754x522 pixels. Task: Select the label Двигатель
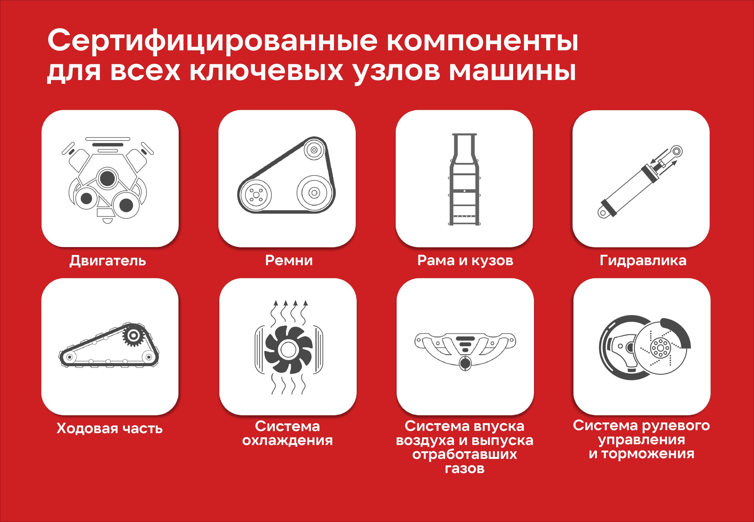click(108, 261)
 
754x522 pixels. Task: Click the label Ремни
click(289, 260)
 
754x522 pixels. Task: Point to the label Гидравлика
click(643, 261)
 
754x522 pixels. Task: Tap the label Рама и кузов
click(465, 261)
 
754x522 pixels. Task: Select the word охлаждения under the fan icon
click(288, 441)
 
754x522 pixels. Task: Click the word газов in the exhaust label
click(465, 469)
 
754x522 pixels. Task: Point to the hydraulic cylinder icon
click(640, 181)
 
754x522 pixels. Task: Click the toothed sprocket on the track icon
click(133, 335)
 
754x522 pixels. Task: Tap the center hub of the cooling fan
click(288, 350)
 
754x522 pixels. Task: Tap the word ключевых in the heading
click(266, 71)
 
